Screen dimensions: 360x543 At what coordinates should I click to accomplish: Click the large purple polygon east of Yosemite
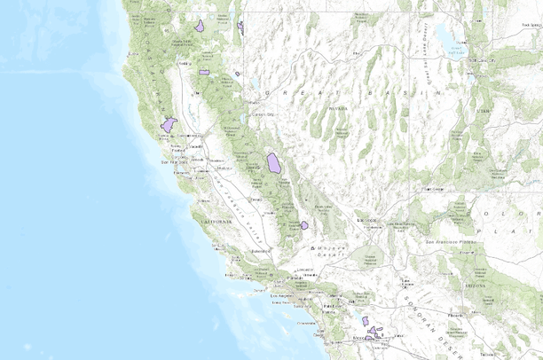(274, 163)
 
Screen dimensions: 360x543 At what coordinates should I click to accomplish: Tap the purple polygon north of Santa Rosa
(169, 125)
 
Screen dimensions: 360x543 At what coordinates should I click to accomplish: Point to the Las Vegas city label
(366, 219)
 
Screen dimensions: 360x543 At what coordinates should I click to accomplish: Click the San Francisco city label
(170, 162)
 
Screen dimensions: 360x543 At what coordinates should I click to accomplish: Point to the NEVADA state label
(337, 106)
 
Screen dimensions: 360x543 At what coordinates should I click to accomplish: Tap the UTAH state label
(483, 111)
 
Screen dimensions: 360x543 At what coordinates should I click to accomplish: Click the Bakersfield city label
(259, 252)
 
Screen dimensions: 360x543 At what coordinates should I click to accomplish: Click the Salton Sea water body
(365, 321)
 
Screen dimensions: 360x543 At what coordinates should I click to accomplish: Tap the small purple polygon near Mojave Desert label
(304, 225)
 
